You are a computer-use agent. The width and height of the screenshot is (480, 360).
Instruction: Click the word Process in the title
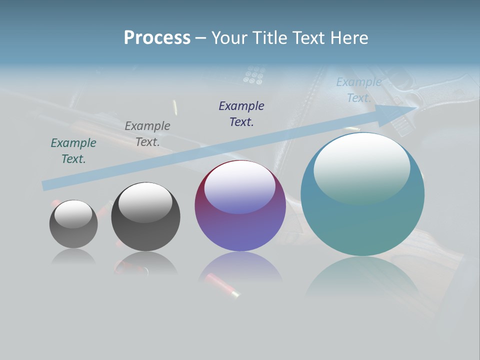coord(157,38)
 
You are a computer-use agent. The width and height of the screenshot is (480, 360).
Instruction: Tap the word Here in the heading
coord(348,38)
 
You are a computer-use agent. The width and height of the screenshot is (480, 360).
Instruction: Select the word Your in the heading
coord(229,38)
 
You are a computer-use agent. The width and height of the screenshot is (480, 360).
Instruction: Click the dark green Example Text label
coord(73,151)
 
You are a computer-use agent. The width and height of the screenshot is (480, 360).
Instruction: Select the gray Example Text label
coord(147,134)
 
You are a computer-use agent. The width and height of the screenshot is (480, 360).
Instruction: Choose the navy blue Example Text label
coord(241,113)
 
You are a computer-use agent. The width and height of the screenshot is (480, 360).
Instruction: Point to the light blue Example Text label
coord(359,90)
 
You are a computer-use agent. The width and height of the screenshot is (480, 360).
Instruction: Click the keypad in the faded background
coord(254,75)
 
